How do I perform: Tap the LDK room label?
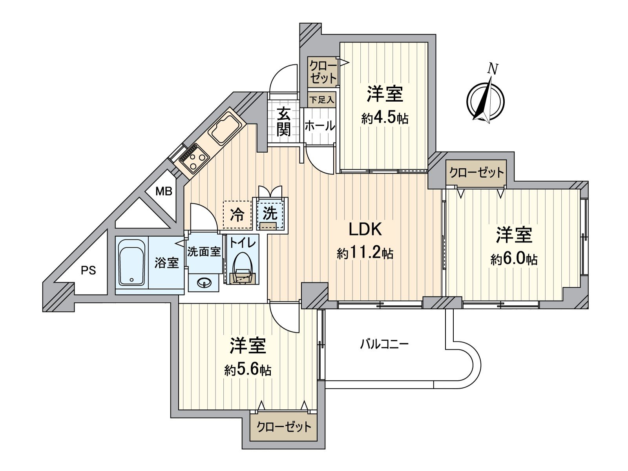coord(365,230)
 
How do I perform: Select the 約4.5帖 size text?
coord(385,118)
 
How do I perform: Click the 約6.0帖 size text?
coord(514,259)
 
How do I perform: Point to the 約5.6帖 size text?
coord(248,370)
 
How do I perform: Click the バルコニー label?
coord(385,345)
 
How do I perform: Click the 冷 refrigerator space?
coord(237,215)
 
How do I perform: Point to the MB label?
coord(164,192)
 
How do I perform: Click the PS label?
coord(88,270)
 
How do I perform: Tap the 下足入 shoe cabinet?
coord(321,100)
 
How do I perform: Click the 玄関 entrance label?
coord(283,122)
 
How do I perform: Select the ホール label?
coord(319,126)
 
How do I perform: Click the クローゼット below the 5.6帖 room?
coord(283,426)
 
